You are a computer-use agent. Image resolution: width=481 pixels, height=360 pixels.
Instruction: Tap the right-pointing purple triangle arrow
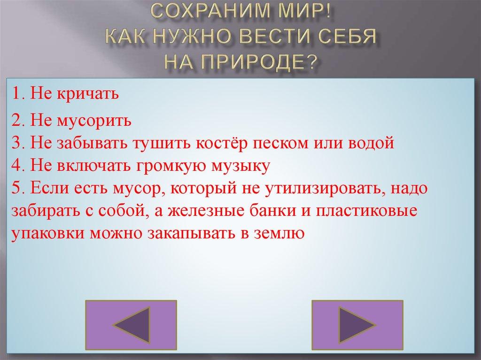click(x=357, y=322)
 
